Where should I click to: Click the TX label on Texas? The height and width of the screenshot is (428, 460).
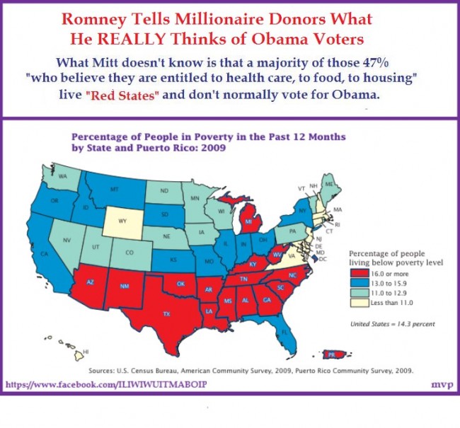[166, 314]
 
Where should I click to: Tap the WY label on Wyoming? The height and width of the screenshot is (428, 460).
[122, 221]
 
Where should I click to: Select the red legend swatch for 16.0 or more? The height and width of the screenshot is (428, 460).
[360, 274]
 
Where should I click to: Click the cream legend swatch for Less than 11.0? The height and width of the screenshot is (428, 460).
[360, 303]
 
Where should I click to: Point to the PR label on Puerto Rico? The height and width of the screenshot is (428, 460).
[331, 355]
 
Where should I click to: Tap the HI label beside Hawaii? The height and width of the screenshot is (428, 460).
[86, 351]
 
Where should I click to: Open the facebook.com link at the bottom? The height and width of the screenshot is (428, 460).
[106, 384]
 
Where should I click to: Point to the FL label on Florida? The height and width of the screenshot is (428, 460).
[284, 332]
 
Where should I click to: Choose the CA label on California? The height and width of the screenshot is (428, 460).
[44, 254]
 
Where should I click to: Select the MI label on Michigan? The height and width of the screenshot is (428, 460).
[248, 221]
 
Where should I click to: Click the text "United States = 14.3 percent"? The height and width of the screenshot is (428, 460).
[393, 324]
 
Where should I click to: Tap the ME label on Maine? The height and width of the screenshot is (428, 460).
[329, 184]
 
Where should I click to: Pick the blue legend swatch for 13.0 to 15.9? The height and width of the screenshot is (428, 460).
[360, 283]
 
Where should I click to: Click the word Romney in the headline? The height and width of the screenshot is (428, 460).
[95, 21]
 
